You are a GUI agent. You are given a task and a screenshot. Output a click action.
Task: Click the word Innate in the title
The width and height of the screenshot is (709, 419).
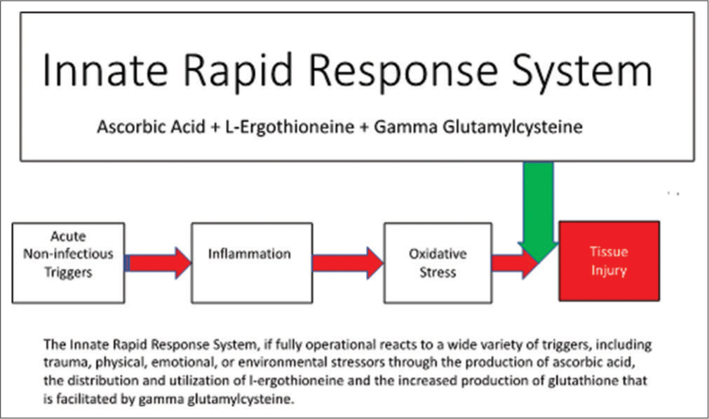pyautogui.click(x=105, y=71)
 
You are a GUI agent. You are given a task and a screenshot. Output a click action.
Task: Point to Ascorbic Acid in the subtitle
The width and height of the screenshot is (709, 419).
pyautogui.click(x=151, y=127)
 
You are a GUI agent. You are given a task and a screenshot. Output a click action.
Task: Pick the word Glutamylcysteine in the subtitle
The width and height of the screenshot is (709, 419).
pyautogui.click(x=513, y=127)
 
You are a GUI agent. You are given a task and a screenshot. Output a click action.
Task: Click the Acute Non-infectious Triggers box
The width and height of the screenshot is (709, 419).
pyautogui.click(x=68, y=263)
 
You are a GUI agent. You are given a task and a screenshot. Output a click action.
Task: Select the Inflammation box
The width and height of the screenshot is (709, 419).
pyautogui.click(x=252, y=263)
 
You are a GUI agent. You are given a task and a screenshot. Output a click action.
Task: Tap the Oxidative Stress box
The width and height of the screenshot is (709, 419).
pyautogui.click(x=438, y=263)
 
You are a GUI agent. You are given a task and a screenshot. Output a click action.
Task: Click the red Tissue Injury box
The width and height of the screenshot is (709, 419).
pyautogui.click(x=609, y=261)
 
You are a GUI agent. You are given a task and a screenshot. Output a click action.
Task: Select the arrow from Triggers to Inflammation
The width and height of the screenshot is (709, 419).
pyautogui.click(x=158, y=263)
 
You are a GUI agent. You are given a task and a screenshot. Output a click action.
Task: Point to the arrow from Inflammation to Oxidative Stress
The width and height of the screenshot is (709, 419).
pyautogui.click(x=348, y=263)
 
